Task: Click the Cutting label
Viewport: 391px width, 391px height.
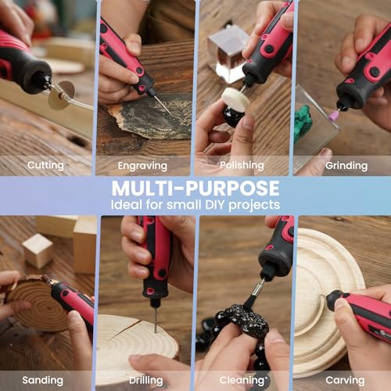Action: tap(45, 165)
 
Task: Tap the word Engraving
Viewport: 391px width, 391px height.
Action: tap(142, 166)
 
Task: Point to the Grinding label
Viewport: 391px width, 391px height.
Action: tap(346, 166)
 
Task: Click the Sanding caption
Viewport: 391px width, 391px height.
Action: tap(43, 379)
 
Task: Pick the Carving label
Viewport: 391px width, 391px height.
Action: tap(344, 379)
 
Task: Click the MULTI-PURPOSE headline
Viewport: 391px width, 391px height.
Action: tap(195, 188)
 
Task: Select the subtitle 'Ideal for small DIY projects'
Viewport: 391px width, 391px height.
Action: tap(195, 205)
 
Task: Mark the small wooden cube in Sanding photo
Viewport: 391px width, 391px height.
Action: tap(37, 250)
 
